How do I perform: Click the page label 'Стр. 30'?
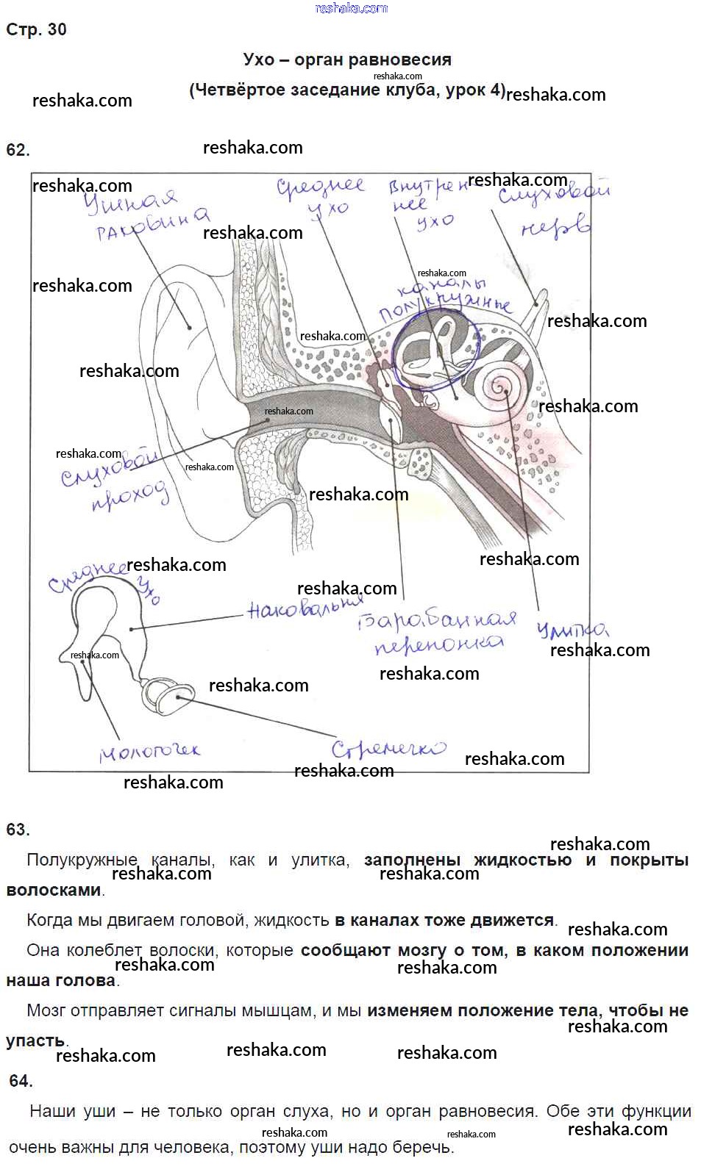click(x=36, y=29)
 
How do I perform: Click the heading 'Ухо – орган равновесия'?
click(x=346, y=60)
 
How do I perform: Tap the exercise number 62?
click(x=18, y=150)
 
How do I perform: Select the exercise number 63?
click(x=18, y=830)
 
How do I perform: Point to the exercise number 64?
click(x=21, y=1081)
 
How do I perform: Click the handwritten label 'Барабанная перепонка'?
click(x=438, y=632)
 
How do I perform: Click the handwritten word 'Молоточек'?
click(x=150, y=751)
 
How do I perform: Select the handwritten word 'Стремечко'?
click(x=388, y=749)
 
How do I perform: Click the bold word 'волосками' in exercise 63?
click(x=54, y=890)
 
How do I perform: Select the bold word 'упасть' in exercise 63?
click(x=35, y=1040)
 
